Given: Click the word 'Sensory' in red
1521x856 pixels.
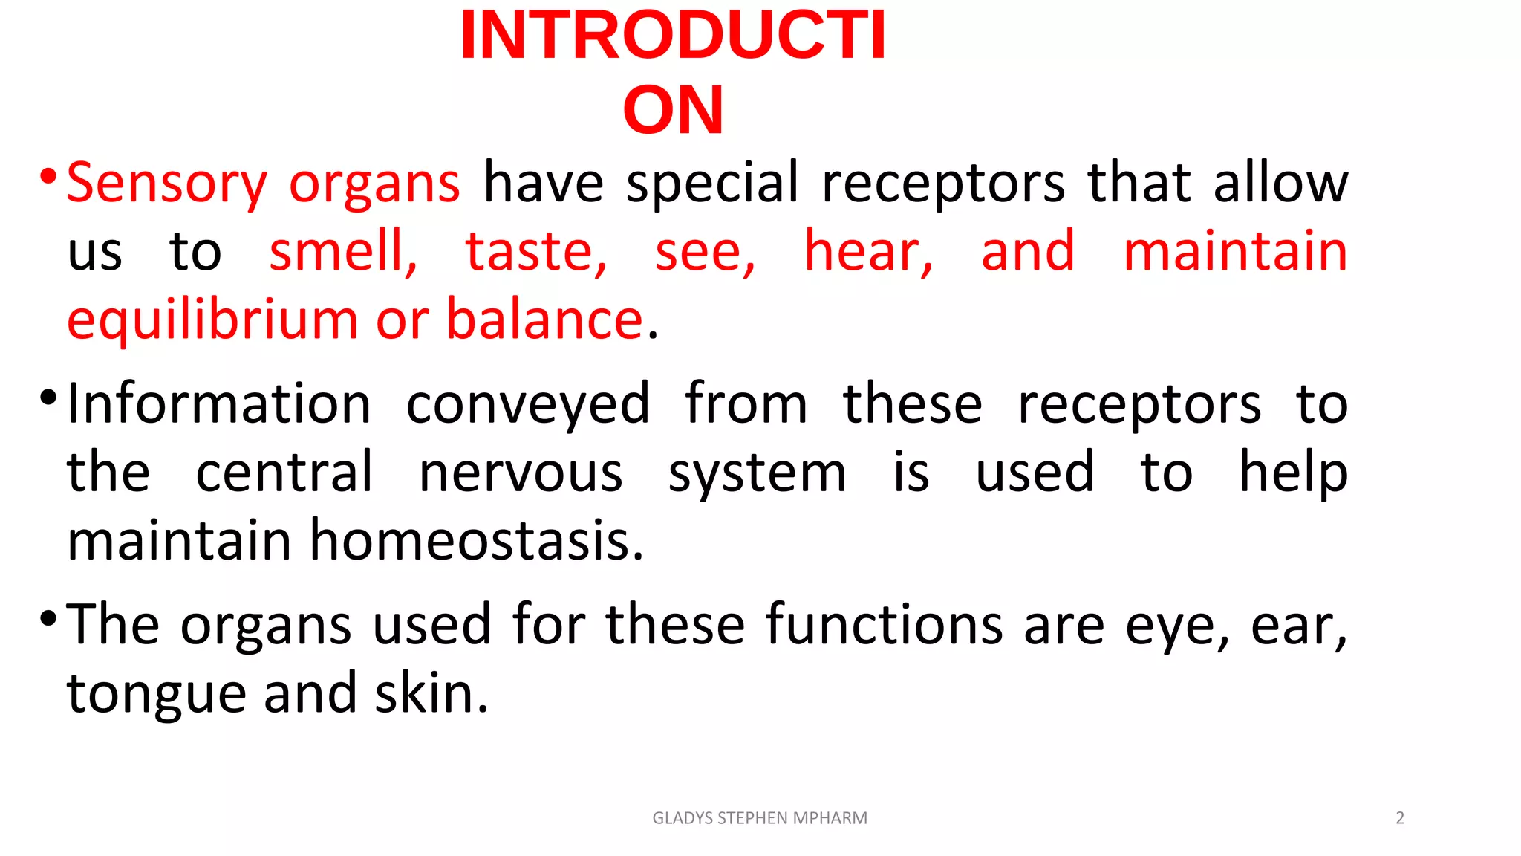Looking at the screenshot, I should [x=166, y=184].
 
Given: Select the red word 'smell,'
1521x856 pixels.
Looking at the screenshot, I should [x=343, y=252].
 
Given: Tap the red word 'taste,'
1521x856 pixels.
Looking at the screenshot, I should [x=535, y=252].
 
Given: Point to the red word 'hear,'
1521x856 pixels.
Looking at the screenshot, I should [x=868, y=252].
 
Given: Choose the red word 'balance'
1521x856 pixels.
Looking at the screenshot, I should [x=544, y=320].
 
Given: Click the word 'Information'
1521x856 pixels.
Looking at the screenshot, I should [x=219, y=404].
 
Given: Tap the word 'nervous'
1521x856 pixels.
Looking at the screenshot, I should [x=521, y=473].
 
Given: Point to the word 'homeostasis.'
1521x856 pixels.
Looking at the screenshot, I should [x=476, y=541].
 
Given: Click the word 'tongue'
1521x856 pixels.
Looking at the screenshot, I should [x=157, y=694].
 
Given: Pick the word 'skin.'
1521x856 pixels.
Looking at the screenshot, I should [x=431, y=693].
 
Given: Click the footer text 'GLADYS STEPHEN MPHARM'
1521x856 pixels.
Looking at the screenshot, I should [x=759, y=818].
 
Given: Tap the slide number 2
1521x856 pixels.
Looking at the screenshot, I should [x=1400, y=818].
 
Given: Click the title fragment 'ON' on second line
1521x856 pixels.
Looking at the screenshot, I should [x=673, y=110].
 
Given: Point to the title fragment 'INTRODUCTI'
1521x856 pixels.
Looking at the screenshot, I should [x=673, y=36].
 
